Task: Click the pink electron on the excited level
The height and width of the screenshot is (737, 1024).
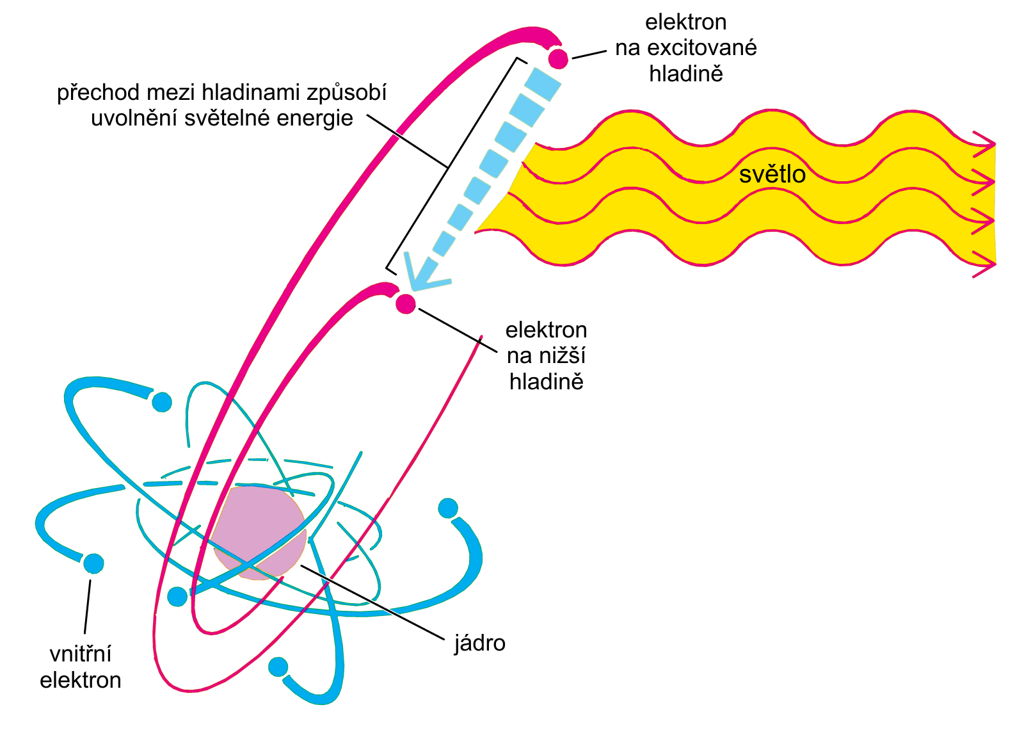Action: pos(558,59)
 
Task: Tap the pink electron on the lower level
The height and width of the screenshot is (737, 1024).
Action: pos(406,304)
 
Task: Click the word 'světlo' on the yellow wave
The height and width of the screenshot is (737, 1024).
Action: pos(772,174)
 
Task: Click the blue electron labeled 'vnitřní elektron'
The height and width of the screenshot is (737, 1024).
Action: pos(93,563)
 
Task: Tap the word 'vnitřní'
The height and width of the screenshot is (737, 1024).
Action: pos(81,654)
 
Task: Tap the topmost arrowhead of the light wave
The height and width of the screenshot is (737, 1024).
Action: pos(984,144)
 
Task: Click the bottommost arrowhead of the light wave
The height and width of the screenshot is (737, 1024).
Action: pos(984,264)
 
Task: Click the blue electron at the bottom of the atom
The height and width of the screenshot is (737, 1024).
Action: pos(278,667)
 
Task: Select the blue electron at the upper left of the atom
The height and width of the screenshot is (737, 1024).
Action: pos(162,402)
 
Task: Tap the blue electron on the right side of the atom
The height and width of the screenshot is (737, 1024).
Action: pos(448,508)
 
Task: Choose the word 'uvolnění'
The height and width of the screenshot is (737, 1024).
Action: pos(134,118)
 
